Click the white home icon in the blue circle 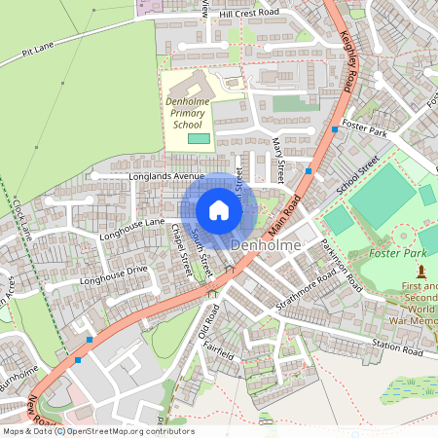point(219,210)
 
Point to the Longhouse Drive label point(114,274)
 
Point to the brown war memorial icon point(421,269)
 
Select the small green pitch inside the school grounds point(199,139)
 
